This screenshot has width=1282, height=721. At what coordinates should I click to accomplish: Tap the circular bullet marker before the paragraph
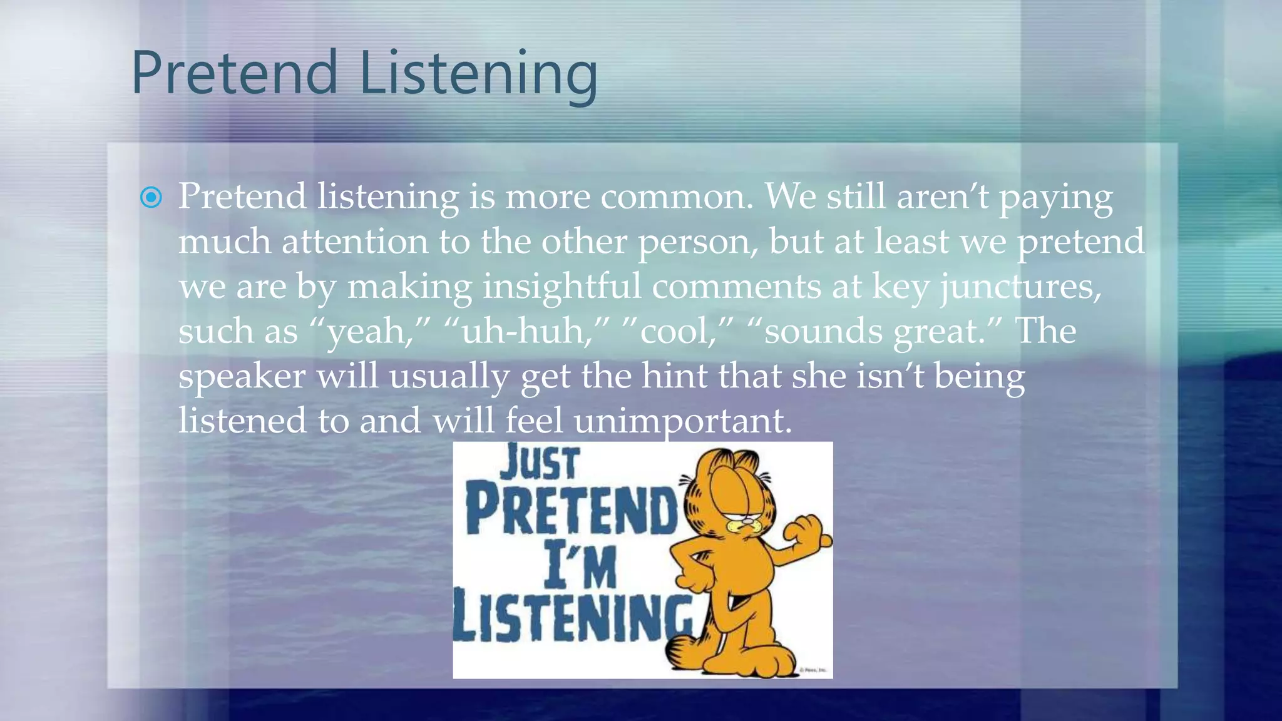tap(151, 198)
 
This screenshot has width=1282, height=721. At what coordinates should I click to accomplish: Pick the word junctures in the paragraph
tap(1020, 288)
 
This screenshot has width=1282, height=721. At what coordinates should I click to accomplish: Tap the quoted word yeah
tap(366, 332)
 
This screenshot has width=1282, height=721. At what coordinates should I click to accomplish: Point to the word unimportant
tap(682, 421)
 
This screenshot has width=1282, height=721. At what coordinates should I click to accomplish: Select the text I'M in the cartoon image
tap(580, 566)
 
